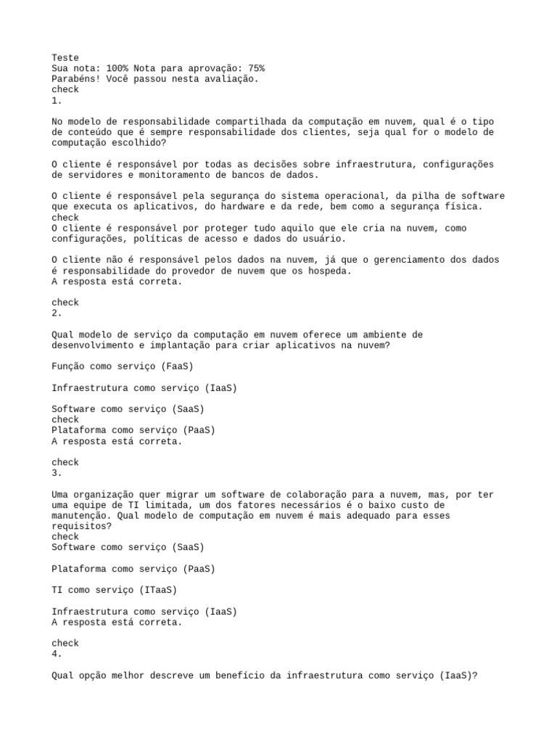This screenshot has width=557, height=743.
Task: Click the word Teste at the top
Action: pyautogui.click(x=65, y=57)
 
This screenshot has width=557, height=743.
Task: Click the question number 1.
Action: pyautogui.click(x=57, y=100)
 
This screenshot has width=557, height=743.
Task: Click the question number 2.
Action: pyautogui.click(x=57, y=313)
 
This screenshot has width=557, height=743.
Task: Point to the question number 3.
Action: pyautogui.click(x=57, y=472)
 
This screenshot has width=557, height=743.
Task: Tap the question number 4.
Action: pyautogui.click(x=57, y=654)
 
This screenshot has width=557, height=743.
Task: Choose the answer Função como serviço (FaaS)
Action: pyautogui.click(x=123, y=366)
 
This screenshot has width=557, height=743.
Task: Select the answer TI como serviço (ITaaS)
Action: pyautogui.click(x=115, y=590)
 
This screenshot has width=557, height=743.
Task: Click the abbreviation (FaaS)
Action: pyautogui.click(x=177, y=366)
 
